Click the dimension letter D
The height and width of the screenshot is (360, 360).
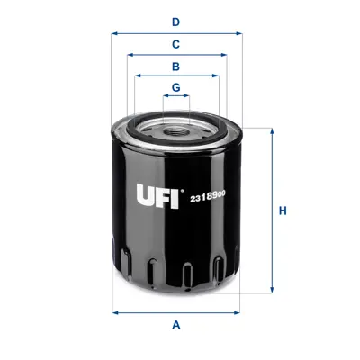coord(176,21)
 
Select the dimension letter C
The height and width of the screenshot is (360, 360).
coord(176,43)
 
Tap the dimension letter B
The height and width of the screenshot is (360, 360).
coord(176,66)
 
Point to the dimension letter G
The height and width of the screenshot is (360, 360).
coord(176,87)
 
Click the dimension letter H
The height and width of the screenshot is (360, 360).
coord(283,211)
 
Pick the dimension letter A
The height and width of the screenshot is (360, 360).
coord(176,324)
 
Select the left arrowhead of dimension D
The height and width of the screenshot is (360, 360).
coord(114,32)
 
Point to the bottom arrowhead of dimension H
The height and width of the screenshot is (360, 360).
coord(270,291)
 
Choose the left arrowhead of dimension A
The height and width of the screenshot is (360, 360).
coord(114,312)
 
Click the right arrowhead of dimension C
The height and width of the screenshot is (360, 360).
coord(224,54)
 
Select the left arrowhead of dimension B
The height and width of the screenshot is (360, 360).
coord(138,76)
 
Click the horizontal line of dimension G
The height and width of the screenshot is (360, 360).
coord(176,97)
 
